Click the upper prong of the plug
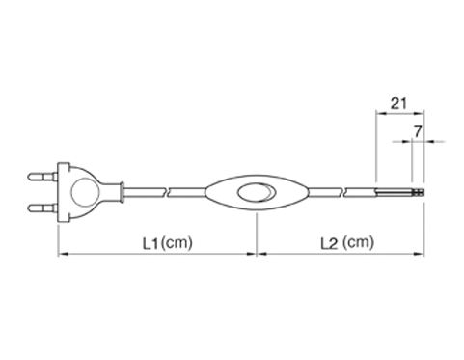[x=42, y=177]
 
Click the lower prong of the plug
[x=42, y=208]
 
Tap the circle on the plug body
[x=84, y=192]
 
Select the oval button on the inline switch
[x=257, y=192]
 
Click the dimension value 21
[x=398, y=103]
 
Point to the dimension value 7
[x=417, y=132]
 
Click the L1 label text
[x=150, y=244]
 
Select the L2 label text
[x=329, y=244]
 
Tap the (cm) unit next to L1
[x=177, y=242]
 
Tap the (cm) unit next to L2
[x=358, y=242]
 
